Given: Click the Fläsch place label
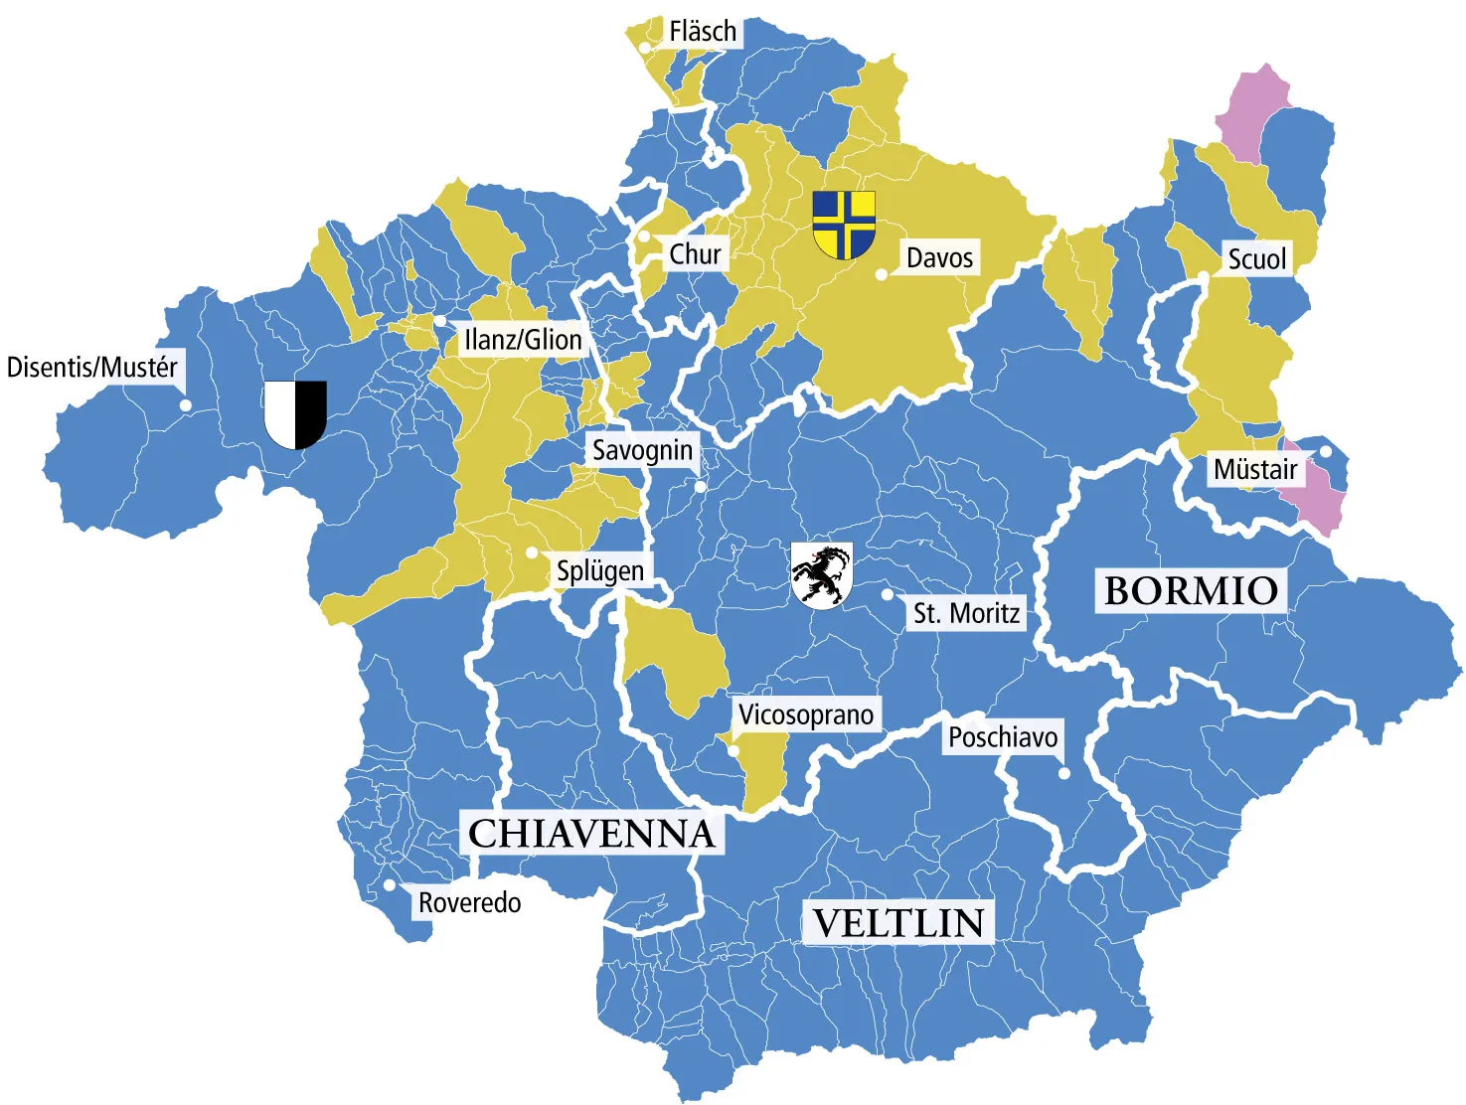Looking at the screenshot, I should click(703, 32).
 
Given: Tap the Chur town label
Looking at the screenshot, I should click(695, 254).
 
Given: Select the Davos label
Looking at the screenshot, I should click(939, 258).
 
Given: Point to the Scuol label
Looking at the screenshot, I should click(1256, 259).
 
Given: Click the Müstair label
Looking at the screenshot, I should click(1255, 469).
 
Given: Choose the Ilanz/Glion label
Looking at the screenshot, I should click(523, 340).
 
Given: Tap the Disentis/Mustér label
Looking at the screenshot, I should click(92, 367).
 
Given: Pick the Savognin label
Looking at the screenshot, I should click(642, 450).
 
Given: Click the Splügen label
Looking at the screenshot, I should click(600, 571).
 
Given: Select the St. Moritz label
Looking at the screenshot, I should click(966, 613).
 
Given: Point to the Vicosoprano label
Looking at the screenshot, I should click(806, 714).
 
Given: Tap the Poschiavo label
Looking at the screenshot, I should click(1002, 737).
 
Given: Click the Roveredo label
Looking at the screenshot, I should click(469, 902).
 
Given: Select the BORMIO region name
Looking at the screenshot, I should click(1191, 590).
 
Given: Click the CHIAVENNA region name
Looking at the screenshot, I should click(591, 833).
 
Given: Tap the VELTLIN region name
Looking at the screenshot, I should click(898, 923).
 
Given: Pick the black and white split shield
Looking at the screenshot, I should click(295, 413).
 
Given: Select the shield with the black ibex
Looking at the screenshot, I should click(821, 575).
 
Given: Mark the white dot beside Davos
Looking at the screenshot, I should click(882, 274).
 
